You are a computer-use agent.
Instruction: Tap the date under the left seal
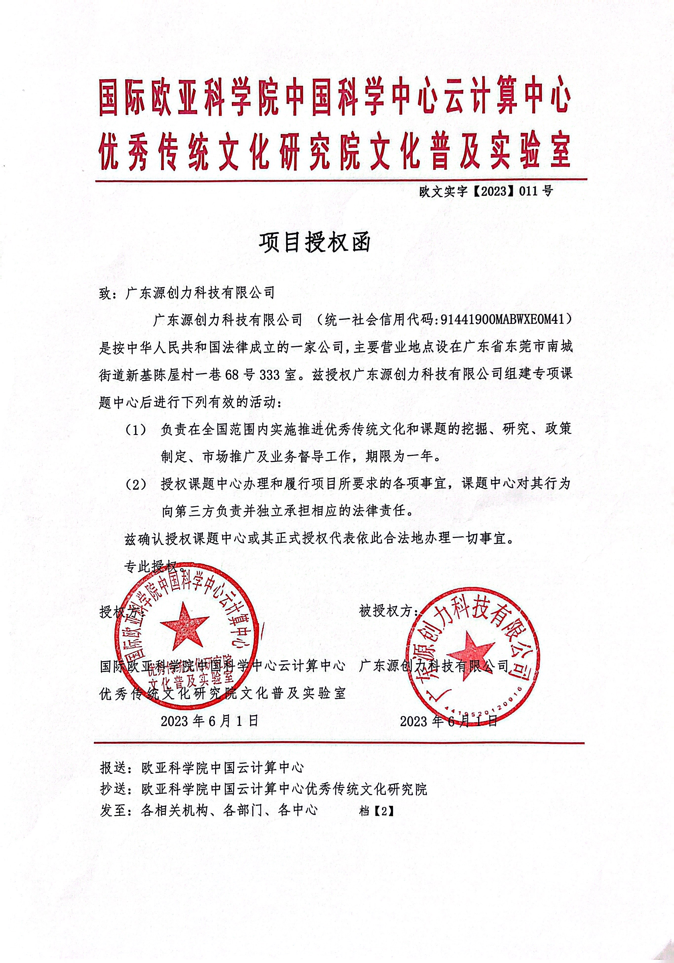[210, 721]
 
